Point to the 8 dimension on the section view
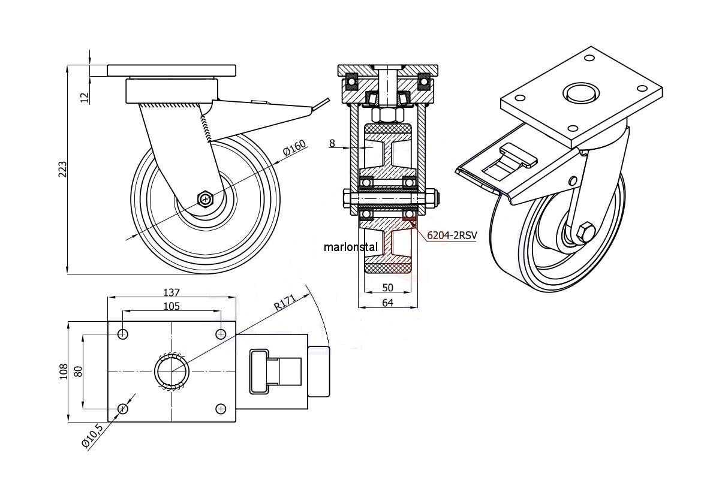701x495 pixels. pyautogui.click(x=332, y=143)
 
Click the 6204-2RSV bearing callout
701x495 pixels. pyautogui.click(x=452, y=236)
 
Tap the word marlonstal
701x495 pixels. pyautogui.click(x=351, y=246)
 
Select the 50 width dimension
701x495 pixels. pyautogui.click(x=388, y=288)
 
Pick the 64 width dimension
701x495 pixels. pyautogui.click(x=387, y=303)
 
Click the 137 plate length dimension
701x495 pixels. pyautogui.click(x=172, y=292)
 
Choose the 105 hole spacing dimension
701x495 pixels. pyautogui.click(x=172, y=306)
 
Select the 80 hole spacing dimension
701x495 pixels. pyautogui.click(x=77, y=372)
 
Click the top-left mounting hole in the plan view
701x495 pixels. pyautogui.click(x=123, y=334)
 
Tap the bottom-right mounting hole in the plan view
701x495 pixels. pyautogui.click(x=221, y=409)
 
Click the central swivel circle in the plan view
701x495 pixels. pyautogui.click(x=172, y=371)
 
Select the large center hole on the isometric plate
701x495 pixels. pyautogui.click(x=580, y=92)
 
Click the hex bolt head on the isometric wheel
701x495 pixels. pyautogui.click(x=586, y=231)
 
